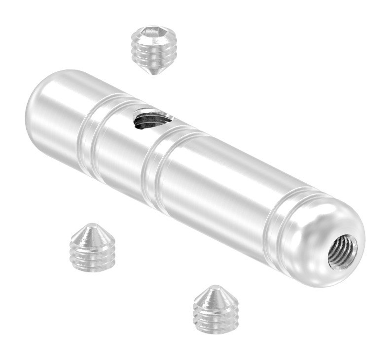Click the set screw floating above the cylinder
pos(153,49)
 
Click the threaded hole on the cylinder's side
pos(152,120)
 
